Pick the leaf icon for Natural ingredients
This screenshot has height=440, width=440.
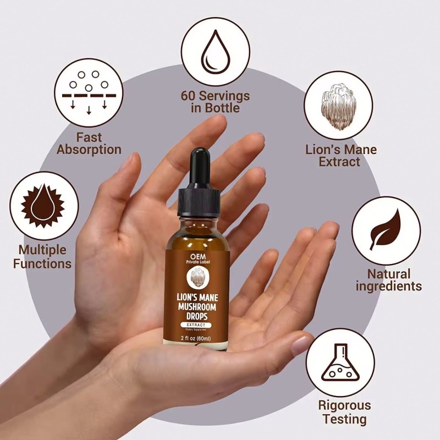[386, 230]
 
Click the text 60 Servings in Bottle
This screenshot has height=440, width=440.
[215, 102]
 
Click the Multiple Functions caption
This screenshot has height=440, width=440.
[42, 257]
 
